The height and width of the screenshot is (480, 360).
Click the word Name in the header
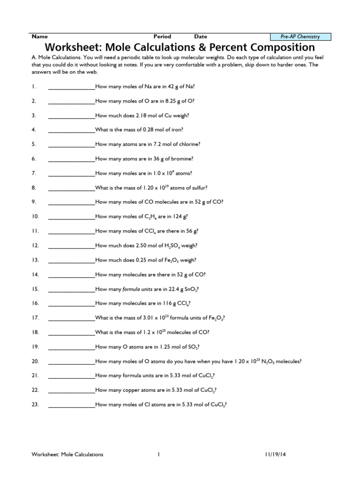(x=39, y=37)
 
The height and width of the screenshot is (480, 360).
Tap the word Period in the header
(x=162, y=37)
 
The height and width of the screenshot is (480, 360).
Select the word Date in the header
(x=201, y=37)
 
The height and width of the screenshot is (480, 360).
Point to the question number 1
(x=34, y=87)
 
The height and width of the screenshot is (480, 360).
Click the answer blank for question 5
(x=71, y=144)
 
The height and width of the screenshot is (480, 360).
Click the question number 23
(x=35, y=405)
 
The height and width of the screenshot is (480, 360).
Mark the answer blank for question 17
(x=71, y=318)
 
